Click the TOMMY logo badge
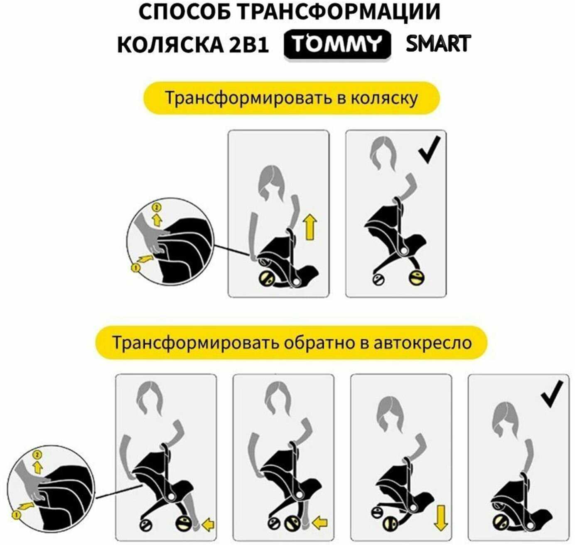tap(337, 44)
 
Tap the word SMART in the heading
tap(438, 43)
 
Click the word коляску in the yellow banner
tap(384, 98)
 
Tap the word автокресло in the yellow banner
tap(423, 342)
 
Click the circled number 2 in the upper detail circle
tap(157, 207)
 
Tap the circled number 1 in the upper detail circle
tap(135, 268)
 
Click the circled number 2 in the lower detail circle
tap(38, 455)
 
